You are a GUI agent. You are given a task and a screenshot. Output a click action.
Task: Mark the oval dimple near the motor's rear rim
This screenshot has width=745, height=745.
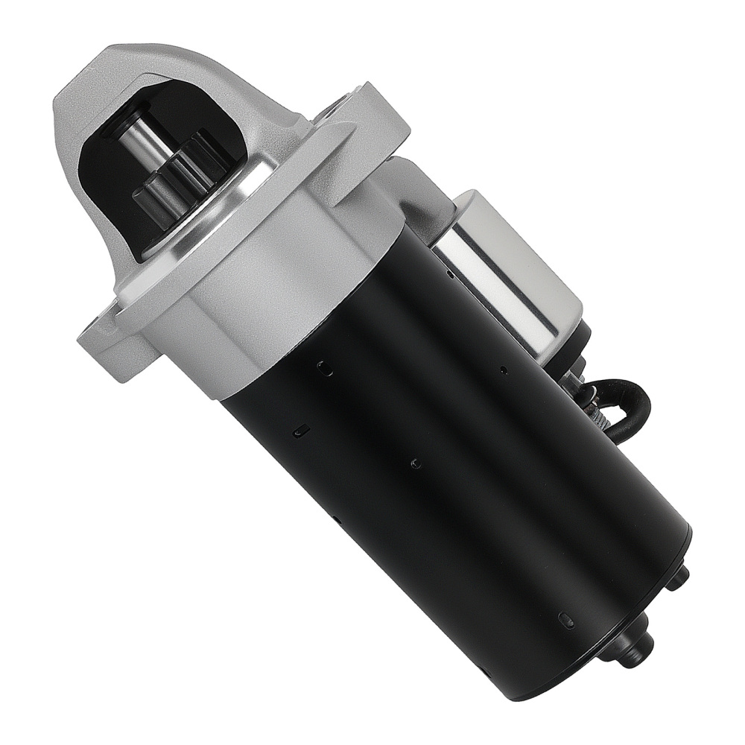(566, 620)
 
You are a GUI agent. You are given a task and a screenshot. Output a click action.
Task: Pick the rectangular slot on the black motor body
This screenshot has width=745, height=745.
(301, 430)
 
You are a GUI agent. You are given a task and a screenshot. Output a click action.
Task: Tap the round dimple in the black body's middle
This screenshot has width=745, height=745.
(416, 463)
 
